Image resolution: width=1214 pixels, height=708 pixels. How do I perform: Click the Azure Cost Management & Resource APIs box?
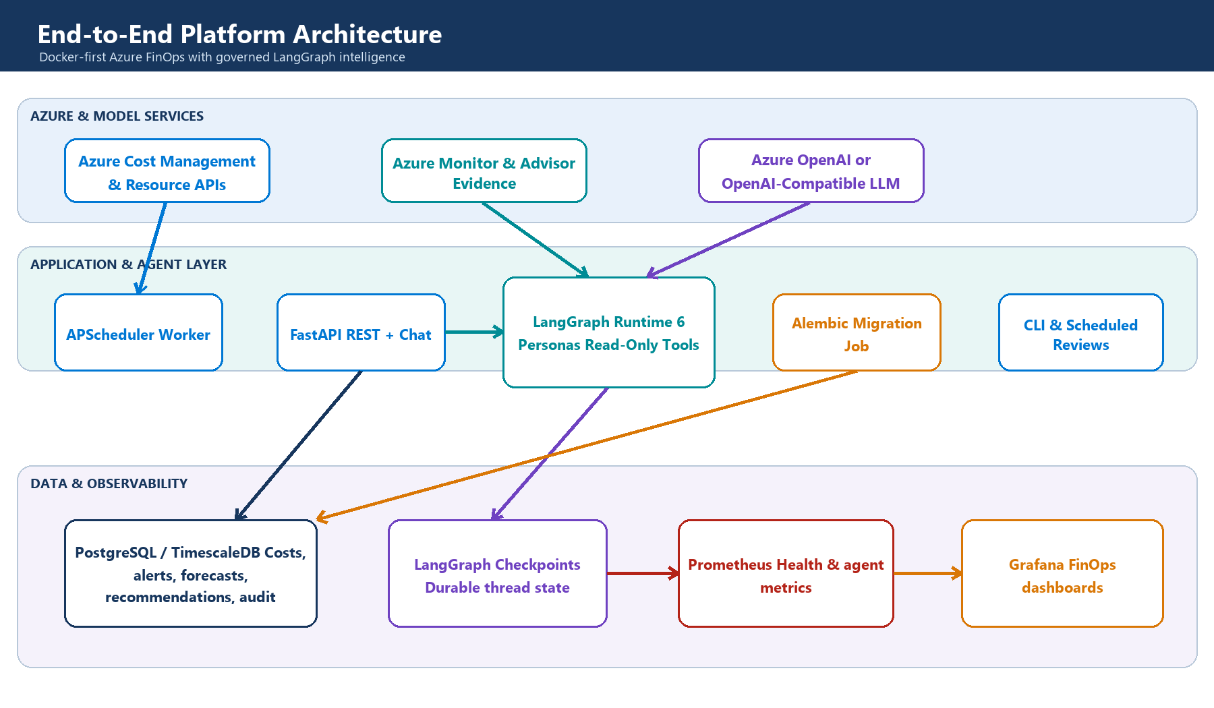167,171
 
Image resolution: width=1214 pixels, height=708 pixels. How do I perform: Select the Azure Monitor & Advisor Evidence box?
484,171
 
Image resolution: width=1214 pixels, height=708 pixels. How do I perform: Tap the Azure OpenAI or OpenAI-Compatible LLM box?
811,171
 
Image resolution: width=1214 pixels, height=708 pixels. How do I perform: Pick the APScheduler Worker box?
138,332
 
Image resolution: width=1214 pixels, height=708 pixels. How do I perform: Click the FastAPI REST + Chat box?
361,332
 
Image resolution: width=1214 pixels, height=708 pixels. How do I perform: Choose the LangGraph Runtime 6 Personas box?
609,332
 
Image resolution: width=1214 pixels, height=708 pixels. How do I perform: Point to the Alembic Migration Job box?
857,332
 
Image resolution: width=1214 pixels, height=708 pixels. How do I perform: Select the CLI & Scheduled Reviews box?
1081,332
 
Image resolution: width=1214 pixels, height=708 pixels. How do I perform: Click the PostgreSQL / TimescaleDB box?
191,573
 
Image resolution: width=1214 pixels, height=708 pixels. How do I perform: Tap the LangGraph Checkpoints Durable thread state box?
498,573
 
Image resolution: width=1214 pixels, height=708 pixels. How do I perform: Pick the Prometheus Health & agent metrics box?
786,573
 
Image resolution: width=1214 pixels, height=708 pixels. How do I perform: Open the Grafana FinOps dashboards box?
1062,573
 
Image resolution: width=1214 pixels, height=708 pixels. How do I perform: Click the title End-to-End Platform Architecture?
239,34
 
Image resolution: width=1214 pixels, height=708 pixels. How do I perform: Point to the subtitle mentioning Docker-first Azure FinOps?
222,57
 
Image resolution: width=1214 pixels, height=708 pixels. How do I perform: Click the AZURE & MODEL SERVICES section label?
117,116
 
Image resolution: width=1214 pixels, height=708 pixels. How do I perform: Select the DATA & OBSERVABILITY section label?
109,483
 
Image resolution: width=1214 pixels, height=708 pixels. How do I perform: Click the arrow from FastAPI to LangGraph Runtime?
474,332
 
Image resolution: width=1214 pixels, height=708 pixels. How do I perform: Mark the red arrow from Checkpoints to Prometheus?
643,573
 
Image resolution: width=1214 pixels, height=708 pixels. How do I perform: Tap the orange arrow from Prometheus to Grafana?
928,573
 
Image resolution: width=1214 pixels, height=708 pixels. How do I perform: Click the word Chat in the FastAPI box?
415,334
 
